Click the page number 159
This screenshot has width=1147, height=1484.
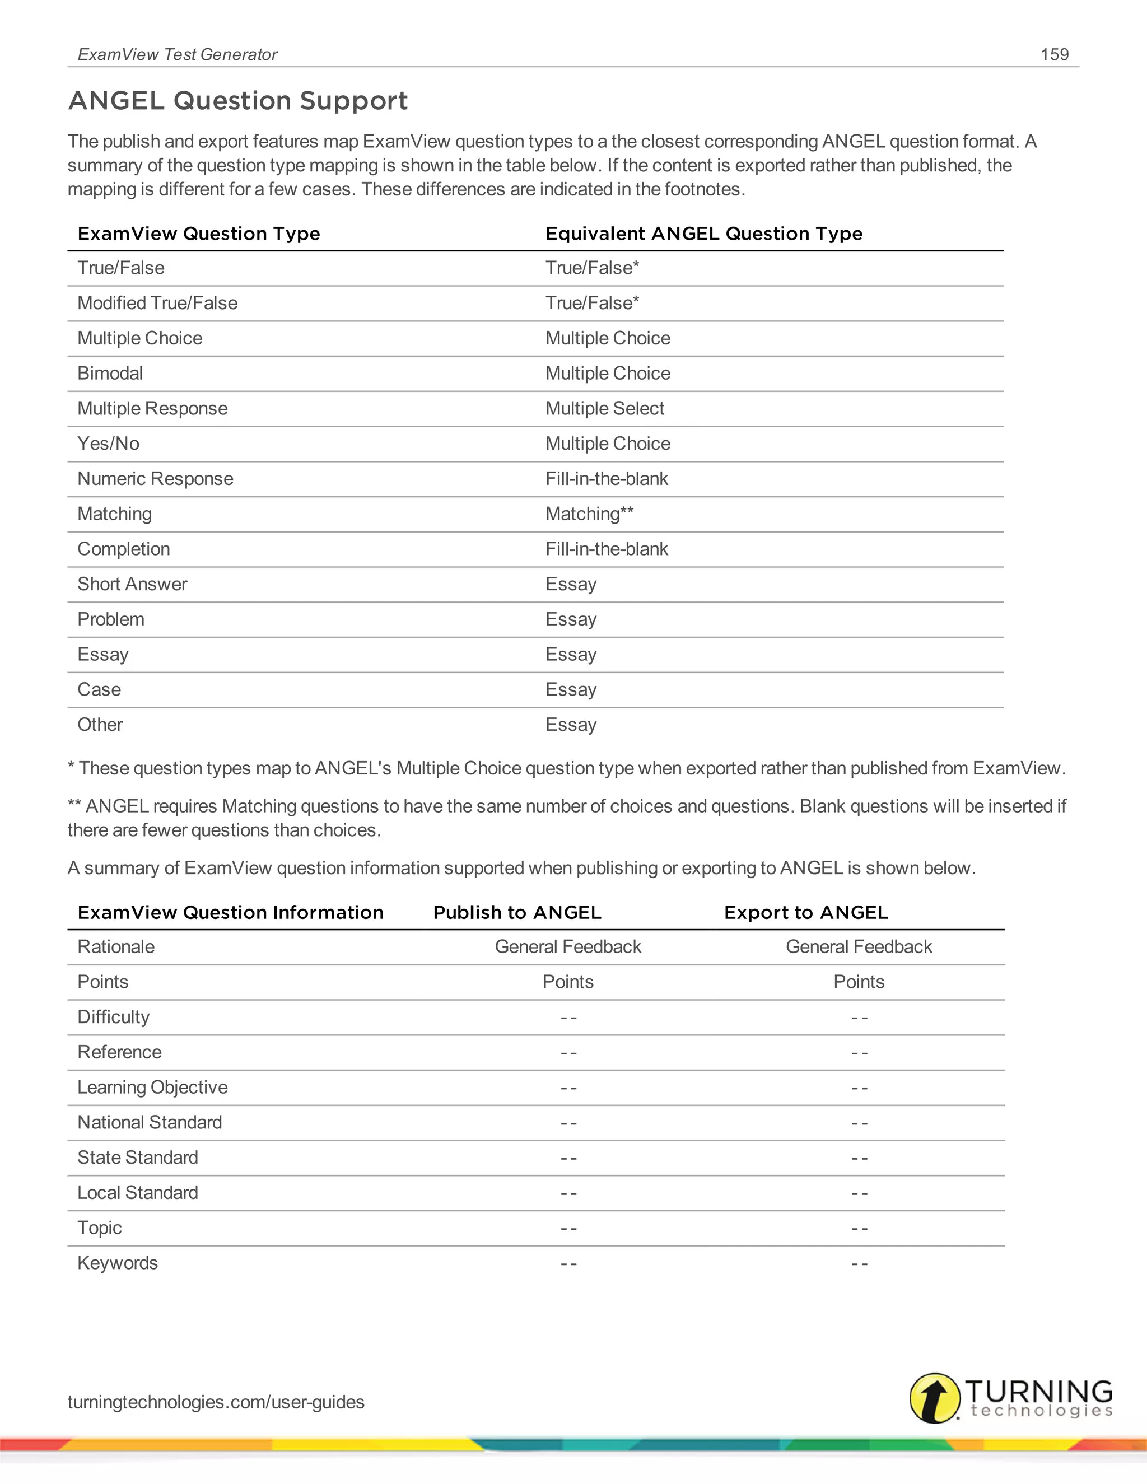1054,54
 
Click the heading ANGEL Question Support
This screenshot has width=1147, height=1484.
238,101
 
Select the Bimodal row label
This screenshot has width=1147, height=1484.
110,373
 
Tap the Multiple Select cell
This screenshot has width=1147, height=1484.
604,408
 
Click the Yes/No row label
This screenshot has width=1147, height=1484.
108,444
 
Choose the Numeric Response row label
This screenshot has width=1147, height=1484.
155,478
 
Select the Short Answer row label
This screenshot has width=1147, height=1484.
132,584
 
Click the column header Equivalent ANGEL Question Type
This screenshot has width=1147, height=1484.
703,234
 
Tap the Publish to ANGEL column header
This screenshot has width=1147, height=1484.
517,913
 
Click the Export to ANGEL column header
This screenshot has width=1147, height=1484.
806,913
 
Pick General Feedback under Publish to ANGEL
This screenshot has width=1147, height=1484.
567,946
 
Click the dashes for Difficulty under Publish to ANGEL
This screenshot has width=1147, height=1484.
568,1018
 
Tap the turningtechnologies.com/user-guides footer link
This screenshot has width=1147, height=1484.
216,1402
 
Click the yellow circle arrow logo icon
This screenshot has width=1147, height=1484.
934,1398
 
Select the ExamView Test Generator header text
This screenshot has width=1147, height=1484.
178,54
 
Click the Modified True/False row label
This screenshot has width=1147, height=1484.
157,303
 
